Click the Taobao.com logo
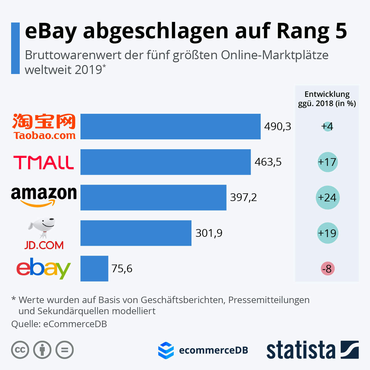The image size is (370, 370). coord(44,126)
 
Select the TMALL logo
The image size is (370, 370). coord(44,162)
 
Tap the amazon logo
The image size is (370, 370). coord(44,196)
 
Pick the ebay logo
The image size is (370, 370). coord(44,269)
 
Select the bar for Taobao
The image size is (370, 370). coord(171,126)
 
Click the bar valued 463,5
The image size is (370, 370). coord(166,162)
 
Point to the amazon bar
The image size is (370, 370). coord(153,198)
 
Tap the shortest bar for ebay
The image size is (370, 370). coord(94,269)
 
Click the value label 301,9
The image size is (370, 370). coord(209,233)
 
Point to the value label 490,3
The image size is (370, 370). coord(277,126)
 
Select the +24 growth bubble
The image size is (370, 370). coord(327,198)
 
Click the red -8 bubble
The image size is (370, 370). coord(327,269)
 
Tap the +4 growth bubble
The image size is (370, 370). coord(327,126)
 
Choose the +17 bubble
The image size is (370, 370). coord(327,162)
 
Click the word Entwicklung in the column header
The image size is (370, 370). coord(327,94)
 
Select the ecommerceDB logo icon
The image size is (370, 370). coord(166,350)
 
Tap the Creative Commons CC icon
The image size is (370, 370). coord(20,350)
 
